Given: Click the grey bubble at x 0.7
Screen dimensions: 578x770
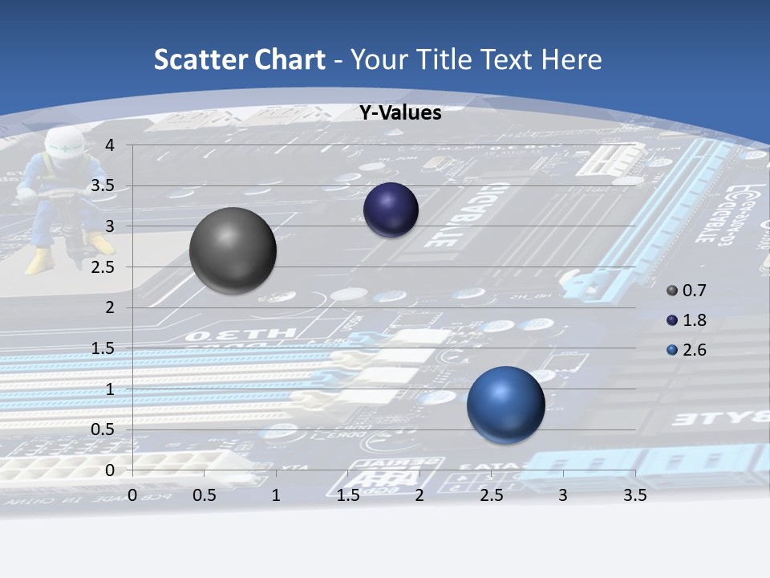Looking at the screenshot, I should click(233, 250).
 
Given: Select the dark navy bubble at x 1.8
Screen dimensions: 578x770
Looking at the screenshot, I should click(391, 210).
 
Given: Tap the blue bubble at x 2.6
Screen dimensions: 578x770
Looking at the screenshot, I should click(505, 405).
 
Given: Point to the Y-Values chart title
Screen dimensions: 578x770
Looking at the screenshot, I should click(399, 113).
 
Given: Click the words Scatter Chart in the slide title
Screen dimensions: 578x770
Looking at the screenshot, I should click(239, 59).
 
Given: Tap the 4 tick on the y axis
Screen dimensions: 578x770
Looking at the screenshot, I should click(110, 145).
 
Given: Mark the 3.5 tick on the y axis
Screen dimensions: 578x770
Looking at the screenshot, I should click(104, 186).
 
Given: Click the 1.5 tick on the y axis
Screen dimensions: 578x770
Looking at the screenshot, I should click(104, 348).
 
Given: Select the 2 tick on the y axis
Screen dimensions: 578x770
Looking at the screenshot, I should click(110, 307).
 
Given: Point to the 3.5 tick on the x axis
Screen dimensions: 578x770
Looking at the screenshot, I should click(634, 495).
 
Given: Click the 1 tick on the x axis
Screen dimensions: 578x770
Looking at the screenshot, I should click(276, 495).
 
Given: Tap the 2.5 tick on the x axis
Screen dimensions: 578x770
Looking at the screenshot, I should click(491, 495).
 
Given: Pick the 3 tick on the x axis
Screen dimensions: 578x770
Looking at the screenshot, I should click(563, 495).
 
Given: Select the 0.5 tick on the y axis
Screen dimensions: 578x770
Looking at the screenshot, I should click(104, 429).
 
